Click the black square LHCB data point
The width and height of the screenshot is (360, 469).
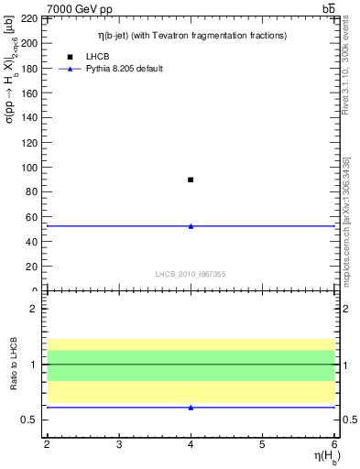point(191,180)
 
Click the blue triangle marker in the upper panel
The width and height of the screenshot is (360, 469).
point(191,225)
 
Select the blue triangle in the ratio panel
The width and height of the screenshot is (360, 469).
point(191,407)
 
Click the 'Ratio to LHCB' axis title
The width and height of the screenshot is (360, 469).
point(13,365)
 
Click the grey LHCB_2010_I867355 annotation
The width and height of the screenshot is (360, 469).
point(191,274)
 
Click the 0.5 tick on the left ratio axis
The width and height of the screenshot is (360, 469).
point(33,420)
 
